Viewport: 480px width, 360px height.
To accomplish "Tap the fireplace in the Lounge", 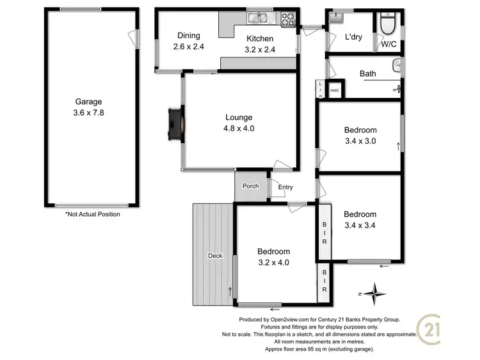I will click(x=174, y=123).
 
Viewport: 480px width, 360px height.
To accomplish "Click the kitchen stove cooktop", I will click(x=287, y=18).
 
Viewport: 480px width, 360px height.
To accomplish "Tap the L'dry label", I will click(x=353, y=37).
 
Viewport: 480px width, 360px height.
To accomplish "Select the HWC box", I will click(x=334, y=90).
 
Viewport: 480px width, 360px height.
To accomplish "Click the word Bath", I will click(x=367, y=74).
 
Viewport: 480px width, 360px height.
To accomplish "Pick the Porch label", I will click(x=250, y=187).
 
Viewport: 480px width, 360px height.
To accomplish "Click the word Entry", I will click(x=285, y=187).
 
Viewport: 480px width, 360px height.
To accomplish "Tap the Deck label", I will click(x=214, y=256).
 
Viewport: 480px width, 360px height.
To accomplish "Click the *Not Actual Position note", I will click(x=93, y=215).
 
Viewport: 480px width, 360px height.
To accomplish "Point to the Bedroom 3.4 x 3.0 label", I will click(x=360, y=135).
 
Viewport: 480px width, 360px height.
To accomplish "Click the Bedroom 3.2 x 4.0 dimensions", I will click(x=273, y=262).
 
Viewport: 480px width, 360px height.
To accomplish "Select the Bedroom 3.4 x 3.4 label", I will click(x=360, y=219).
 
